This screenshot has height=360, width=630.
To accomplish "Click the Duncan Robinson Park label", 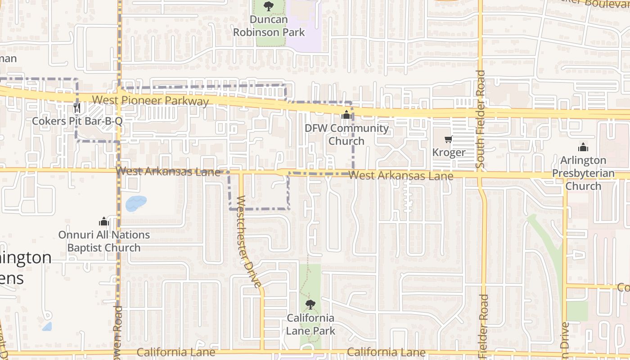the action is pos(269,26).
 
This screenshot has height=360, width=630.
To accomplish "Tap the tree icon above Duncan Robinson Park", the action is pos(269,6).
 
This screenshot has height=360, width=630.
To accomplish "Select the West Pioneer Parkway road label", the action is pos(150,100).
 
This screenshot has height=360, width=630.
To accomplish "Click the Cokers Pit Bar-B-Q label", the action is pos(77,121).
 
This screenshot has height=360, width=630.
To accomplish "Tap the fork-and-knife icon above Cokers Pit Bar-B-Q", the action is pos(77,108).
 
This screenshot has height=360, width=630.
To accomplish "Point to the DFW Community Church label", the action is pos(346,135).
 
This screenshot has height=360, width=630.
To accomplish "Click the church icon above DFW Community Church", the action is pos(346,115).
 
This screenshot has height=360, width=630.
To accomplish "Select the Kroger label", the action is pos(448,153).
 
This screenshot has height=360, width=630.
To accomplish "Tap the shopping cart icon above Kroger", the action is pos(448,139).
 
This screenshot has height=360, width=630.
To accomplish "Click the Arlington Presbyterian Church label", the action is pos(583,173).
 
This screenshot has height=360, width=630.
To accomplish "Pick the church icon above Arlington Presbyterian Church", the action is pos(583,147).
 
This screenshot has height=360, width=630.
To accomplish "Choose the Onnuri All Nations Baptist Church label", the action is pos(104,241).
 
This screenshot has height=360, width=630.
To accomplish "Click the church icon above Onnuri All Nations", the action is pos(104,221).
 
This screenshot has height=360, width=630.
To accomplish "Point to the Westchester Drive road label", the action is pos(248,242).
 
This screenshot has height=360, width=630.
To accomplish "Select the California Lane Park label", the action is pos(310,324).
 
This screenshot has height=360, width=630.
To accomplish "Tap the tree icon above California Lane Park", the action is pos(310,305).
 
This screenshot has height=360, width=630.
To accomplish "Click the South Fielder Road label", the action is pos(481,119).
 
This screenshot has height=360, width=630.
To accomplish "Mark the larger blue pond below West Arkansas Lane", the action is pos(136,203).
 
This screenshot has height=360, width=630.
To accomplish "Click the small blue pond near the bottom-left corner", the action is pos(47,327).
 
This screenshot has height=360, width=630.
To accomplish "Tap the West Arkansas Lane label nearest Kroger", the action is pos(401,175).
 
